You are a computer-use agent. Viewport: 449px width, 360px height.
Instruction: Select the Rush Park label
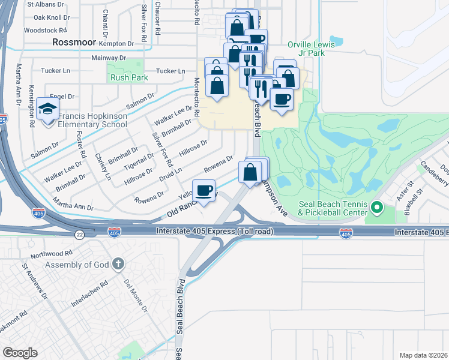tap(125, 77)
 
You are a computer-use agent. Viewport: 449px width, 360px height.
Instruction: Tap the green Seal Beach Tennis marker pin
tap(377, 208)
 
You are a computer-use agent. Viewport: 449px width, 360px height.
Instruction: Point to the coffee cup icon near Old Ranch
tap(203, 191)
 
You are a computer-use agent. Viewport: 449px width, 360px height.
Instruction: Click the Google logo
tap(20, 352)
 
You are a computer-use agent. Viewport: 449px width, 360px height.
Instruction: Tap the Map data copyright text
tap(423, 355)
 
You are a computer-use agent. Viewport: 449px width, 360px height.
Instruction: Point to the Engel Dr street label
tap(62, 96)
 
